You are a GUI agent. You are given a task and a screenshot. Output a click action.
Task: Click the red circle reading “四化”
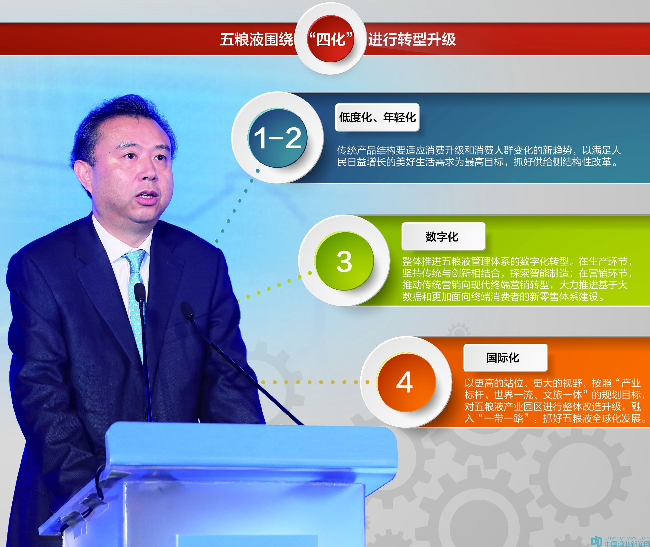[331, 39]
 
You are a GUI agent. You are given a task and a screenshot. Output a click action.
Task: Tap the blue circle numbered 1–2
[277, 138]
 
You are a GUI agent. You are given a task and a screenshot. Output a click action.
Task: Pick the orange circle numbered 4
[406, 382]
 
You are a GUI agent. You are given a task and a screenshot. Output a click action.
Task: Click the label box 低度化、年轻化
[377, 117]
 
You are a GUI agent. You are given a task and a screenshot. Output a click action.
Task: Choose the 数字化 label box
[443, 236]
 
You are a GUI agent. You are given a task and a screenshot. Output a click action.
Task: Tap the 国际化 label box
[505, 358]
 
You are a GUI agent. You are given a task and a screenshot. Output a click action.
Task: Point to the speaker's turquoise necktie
[135, 298]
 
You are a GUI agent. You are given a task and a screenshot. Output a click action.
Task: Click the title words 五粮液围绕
[257, 39]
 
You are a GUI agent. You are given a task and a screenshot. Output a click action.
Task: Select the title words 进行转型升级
[412, 39]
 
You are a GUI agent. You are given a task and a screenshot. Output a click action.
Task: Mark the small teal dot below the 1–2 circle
[257, 171]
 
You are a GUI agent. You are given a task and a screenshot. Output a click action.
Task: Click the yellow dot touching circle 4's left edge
[367, 382]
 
